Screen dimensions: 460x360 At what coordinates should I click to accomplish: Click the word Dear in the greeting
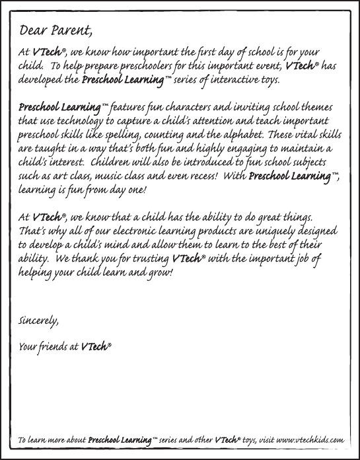tap(35, 30)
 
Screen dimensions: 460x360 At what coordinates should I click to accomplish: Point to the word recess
tap(202, 177)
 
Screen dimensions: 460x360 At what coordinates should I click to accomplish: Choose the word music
tap(126, 177)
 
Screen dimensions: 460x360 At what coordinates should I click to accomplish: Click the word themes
tap(313, 108)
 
